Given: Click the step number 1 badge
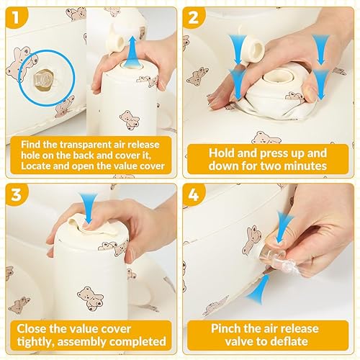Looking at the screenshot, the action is coord(16,17).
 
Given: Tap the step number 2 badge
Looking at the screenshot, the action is coord(193,17).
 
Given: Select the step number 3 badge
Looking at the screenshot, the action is coord(17,194).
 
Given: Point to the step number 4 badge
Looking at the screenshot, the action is coord(194,194).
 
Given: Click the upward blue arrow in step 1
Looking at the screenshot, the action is coord(131,50).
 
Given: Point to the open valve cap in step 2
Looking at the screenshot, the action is coord(253,49).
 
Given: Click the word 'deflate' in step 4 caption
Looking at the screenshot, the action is coord(290,341).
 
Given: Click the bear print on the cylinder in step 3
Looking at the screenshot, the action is coord(91,298).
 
